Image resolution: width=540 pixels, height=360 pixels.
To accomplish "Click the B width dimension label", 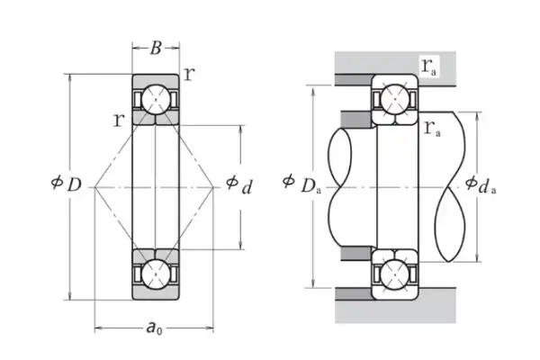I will [x=156, y=50].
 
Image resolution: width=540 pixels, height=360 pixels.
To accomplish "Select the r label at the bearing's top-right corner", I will [x=189, y=74].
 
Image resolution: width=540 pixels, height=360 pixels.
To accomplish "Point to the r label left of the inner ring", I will [x=117, y=118].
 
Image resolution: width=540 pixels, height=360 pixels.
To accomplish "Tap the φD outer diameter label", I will [x=67, y=184].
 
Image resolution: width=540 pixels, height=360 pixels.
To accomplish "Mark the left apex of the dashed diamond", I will [x=94, y=187].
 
